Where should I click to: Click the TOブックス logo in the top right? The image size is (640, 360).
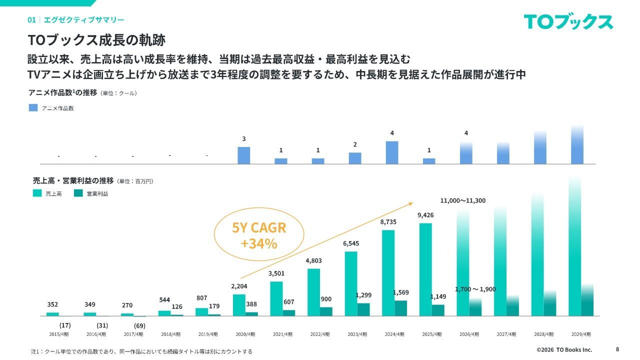[x=568, y=22]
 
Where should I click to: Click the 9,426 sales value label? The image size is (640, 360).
[x=425, y=215]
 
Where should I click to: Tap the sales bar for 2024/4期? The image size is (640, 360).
[x=388, y=273]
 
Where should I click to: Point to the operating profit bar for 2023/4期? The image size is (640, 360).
[x=363, y=309]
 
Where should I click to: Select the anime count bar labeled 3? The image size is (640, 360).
[x=243, y=155]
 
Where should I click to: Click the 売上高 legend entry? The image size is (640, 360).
[x=47, y=193]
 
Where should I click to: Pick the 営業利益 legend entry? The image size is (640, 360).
[x=91, y=193]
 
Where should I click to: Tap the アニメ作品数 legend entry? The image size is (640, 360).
[x=51, y=108]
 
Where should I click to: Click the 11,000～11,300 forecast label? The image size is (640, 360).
[x=462, y=200]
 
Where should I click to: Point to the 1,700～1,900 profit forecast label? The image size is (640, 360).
[x=475, y=289]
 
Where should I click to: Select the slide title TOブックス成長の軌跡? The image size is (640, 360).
[x=96, y=40]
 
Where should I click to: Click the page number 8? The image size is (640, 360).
[x=617, y=349]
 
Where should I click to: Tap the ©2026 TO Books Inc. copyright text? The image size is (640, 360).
[x=564, y=349]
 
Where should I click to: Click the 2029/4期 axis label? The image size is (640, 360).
[x=581, y=334]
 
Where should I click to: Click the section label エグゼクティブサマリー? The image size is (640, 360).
[x=83, y=20]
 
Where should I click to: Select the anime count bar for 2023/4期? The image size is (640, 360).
[x=355, y=158]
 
